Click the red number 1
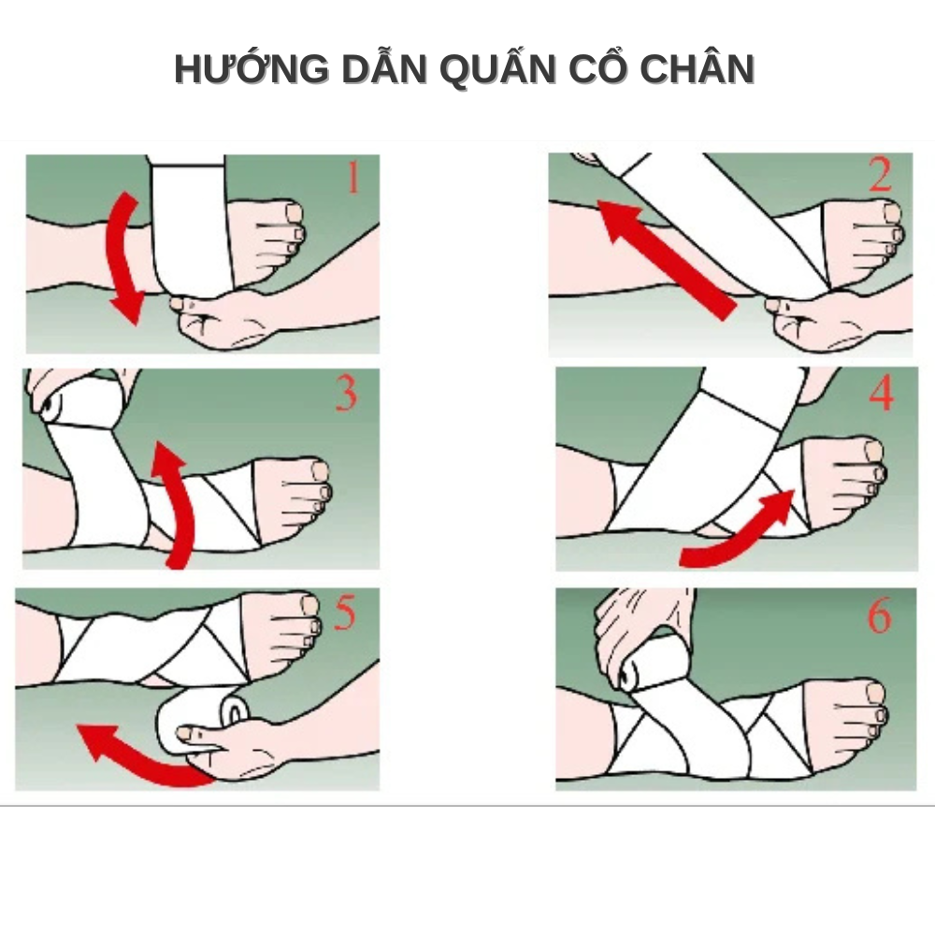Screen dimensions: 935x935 tap(353, 177)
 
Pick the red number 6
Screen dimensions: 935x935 tap(879, 615)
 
